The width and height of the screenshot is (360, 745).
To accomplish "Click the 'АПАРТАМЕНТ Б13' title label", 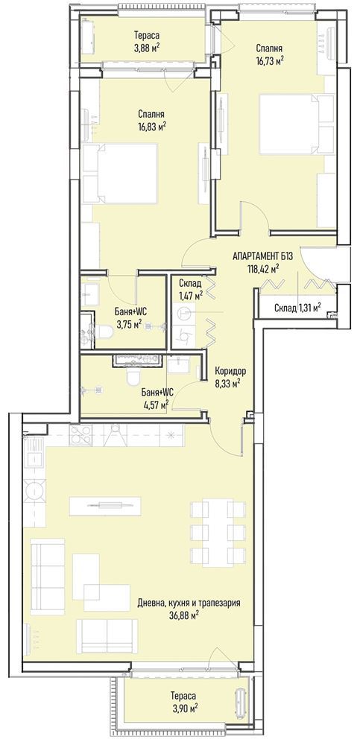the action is tap(262, 257).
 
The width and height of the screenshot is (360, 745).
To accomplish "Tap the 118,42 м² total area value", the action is tap(262, 269).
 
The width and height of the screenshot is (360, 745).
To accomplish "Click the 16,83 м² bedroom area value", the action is tap(151, 126).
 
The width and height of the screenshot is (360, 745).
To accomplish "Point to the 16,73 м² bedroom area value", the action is tap(270, 60).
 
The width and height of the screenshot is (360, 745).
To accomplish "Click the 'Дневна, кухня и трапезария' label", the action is tap(189, 603).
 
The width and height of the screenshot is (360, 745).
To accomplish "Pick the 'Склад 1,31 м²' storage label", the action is tap(297, 308).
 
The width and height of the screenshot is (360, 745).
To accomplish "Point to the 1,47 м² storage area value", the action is tap(191, 295).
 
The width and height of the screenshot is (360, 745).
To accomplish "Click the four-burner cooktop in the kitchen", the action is tap(80, 435).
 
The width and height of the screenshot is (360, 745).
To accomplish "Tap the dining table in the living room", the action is tap(218, 532).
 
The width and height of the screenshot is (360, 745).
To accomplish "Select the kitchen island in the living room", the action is tap(105, 506).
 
